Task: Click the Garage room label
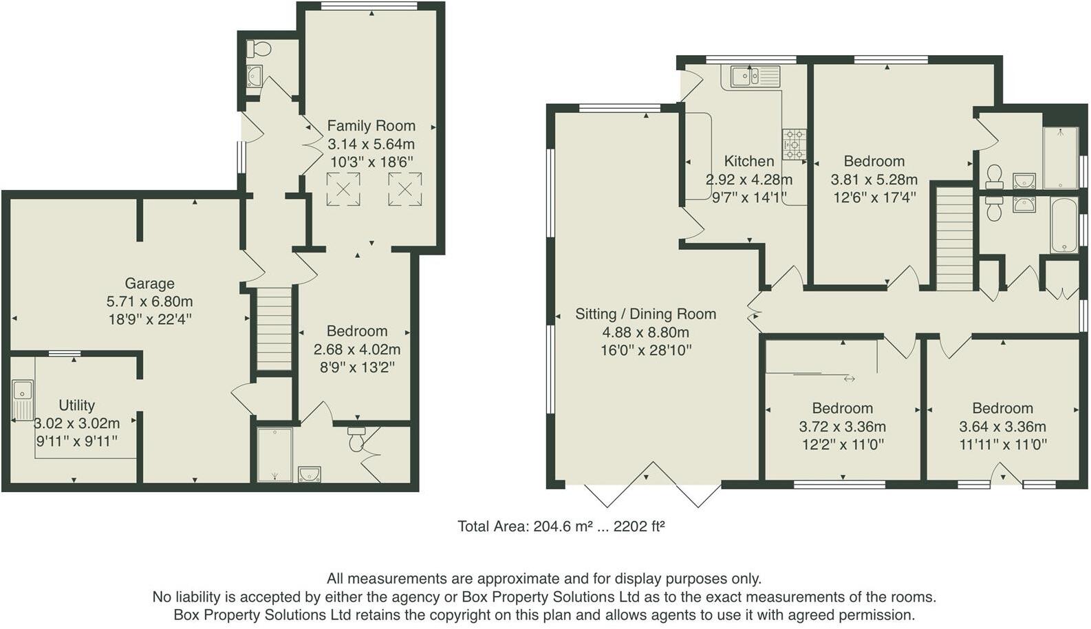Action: click(x=149, y=283)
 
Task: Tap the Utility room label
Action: click(x=76, y=405)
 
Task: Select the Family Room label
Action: click(x=371, y=126)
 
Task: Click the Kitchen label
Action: click(x=748, y=161)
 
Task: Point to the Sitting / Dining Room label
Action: click(x=646, y=314)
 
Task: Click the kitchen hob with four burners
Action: click(x=794, y=145)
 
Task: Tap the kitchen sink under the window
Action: click(x=755, y=76)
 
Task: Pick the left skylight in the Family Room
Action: click(x=343, y=189)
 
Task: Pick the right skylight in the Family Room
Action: click(x=404, y=189)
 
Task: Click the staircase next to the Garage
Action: click(x=274, y=329)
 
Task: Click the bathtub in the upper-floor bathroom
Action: click(x=1064, y=225)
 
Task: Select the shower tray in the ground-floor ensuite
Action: click(x=274, y=455)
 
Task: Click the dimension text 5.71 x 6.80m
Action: click(x=149, y=301)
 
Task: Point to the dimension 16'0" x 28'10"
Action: click(x=646, y=350)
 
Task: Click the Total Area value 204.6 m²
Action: click(x=563, y=526)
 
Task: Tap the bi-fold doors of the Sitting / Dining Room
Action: click(x=653, y=484)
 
